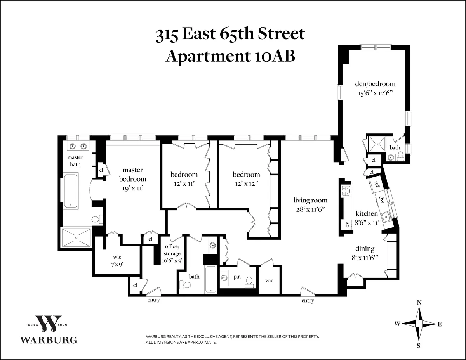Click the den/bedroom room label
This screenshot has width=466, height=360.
tap(375, 84)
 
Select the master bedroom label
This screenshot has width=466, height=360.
tap(132, 174)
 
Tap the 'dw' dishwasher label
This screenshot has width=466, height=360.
tap(382, 200)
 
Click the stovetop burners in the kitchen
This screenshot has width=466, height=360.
tap(345, 190)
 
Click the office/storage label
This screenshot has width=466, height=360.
tap(172, 254)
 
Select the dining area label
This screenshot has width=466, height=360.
tap(365, 249)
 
